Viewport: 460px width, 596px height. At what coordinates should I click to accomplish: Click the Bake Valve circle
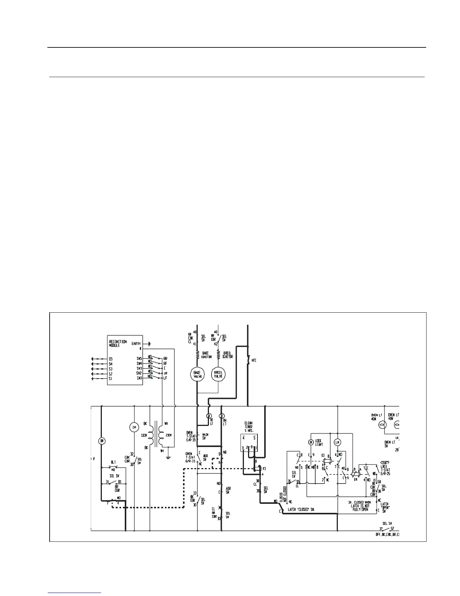[198, 374]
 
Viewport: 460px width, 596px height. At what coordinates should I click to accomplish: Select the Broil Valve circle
[218, 374]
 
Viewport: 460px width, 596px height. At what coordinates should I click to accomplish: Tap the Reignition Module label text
[118, 344]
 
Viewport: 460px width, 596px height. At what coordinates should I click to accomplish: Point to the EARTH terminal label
[136, 344]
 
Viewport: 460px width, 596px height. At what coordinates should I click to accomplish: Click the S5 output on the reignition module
[110, 359]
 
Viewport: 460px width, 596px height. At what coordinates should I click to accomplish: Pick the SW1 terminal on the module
[140, 379]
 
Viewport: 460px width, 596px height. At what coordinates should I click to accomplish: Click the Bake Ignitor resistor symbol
[197, 354]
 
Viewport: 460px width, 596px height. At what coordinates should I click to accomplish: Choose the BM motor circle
[101, 441]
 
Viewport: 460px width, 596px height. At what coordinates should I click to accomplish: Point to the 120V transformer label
[144, 435]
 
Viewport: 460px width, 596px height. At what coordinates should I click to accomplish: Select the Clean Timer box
[249, 443]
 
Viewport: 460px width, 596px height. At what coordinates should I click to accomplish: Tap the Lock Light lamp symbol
[311, 442]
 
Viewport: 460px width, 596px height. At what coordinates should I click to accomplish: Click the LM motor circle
[337, 442]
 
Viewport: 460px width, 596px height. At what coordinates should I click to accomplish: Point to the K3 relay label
[324, 456]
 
